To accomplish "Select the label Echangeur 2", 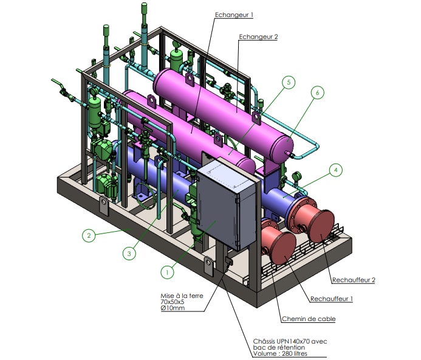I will [x=258, y=36].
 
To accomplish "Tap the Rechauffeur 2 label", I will [x=353, y=280].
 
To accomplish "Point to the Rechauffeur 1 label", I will [x=331, y=299].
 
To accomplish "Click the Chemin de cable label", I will [x=308, y=319].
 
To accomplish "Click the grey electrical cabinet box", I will [x=223, y=204].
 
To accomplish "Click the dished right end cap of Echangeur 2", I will [x=284, y=145].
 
